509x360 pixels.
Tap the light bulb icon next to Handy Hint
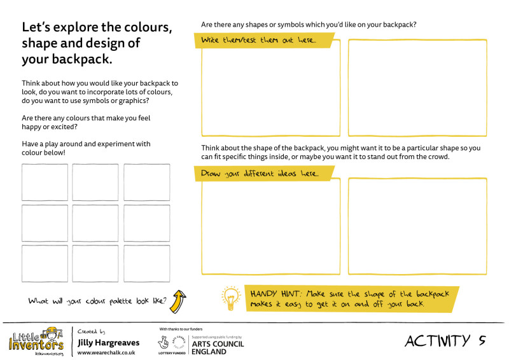click(x=230, y=298)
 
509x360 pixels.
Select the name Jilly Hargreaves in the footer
click(x=108, y=343)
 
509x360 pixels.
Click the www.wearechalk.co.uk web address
click(x=106, y=352)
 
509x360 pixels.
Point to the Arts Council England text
click(x=218, y=347)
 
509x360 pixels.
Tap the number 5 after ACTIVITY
click(x=482, y=341)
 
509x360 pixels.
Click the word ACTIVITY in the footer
click(x=437, y=341)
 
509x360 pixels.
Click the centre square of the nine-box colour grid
click(x=95, y=223)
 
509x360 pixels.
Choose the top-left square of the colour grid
click(x=45, y=183)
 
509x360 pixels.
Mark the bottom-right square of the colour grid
click(x=147, y=263)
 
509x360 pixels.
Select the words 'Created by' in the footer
click(x=92, y=331)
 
